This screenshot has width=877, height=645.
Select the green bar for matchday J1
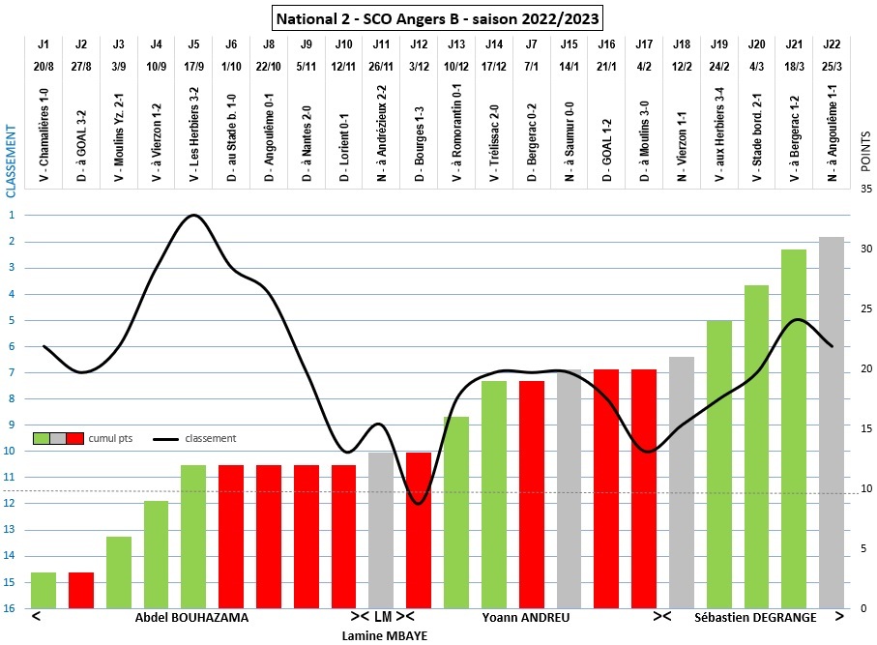pos(44,590)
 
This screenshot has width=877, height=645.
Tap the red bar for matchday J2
pos(81,590)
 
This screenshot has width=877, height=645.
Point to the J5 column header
pos(193,44)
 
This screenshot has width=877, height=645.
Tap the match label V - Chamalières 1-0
pos(44,134)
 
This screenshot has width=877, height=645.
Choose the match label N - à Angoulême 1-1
pos(832,134)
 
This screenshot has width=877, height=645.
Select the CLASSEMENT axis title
pos(12,161)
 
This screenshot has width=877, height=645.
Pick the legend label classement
pos(210,438)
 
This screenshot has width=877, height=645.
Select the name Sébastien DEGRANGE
pos(755,617)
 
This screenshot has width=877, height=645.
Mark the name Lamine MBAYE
pos(385,635)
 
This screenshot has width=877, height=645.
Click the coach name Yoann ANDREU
pos(526,617)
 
